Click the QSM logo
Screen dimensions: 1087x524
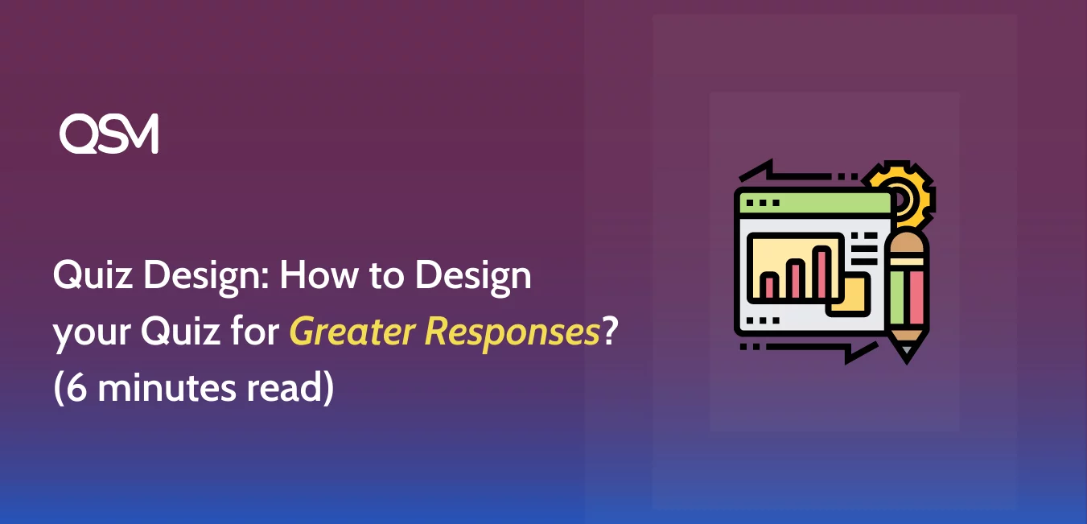[x=109, y=134]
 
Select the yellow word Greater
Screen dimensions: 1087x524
[x=352, y=331]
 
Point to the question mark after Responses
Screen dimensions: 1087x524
[x=610, y=330]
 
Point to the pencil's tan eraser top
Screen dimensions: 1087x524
[x=907, y=243]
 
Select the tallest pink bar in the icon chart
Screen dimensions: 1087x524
[x=822, y=273]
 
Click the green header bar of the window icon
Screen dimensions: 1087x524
[x=814, y=203]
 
